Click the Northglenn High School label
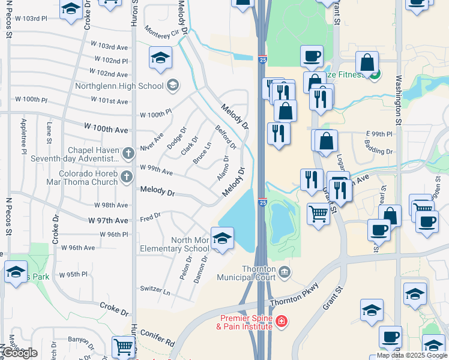pyautogui.click(x=119, y=86)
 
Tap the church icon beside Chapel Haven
pyautogui.click(x=127, y=154)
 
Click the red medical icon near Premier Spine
pyautogui.click(x=281, y=322)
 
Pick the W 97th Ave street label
pyautogui.click(x=108, y=220)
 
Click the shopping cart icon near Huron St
pyautogui.click(x=123, y=346)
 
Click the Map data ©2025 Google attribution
pyautogui.click(x=411, y=355)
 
